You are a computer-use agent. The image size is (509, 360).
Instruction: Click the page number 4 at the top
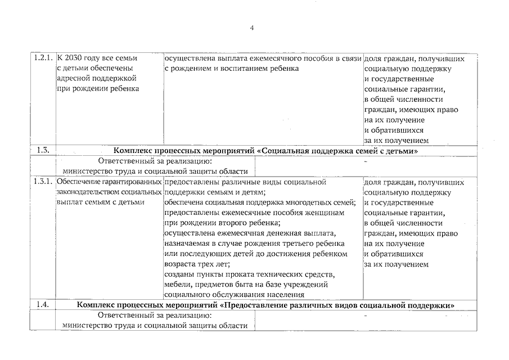tap(253, 28)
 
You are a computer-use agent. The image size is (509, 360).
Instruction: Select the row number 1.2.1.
tap(43, 58)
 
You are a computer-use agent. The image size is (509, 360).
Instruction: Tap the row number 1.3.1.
tap(43, 182)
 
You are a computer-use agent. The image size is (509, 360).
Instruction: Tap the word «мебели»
tap(177, 285)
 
